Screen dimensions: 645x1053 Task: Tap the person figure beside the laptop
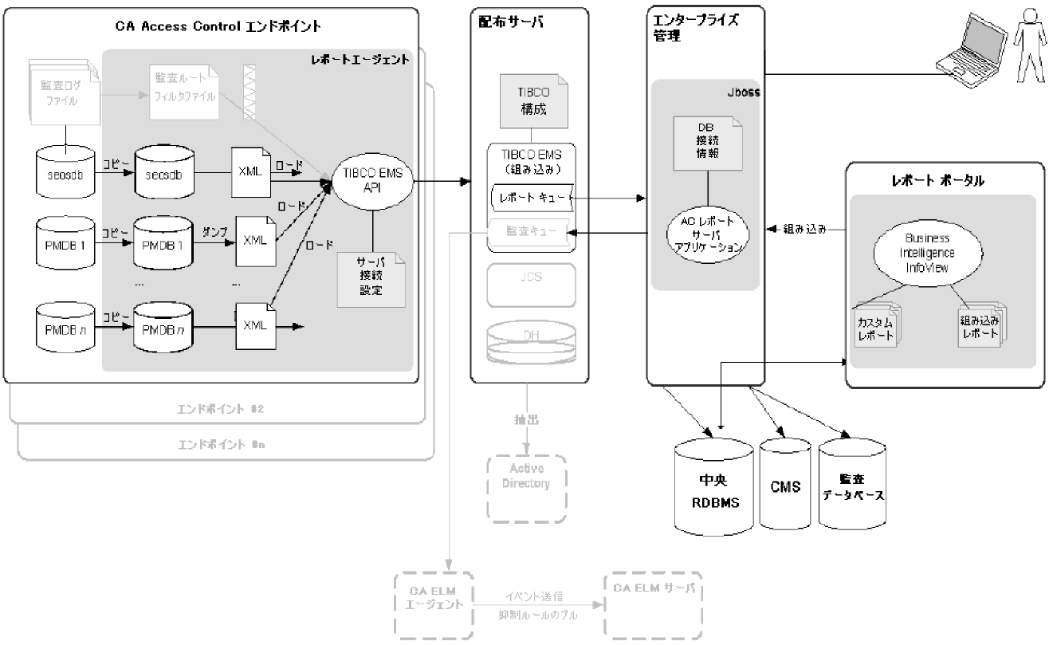point(1029,45)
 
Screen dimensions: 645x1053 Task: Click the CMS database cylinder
point(785,486)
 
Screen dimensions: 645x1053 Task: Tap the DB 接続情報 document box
point(707,143)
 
